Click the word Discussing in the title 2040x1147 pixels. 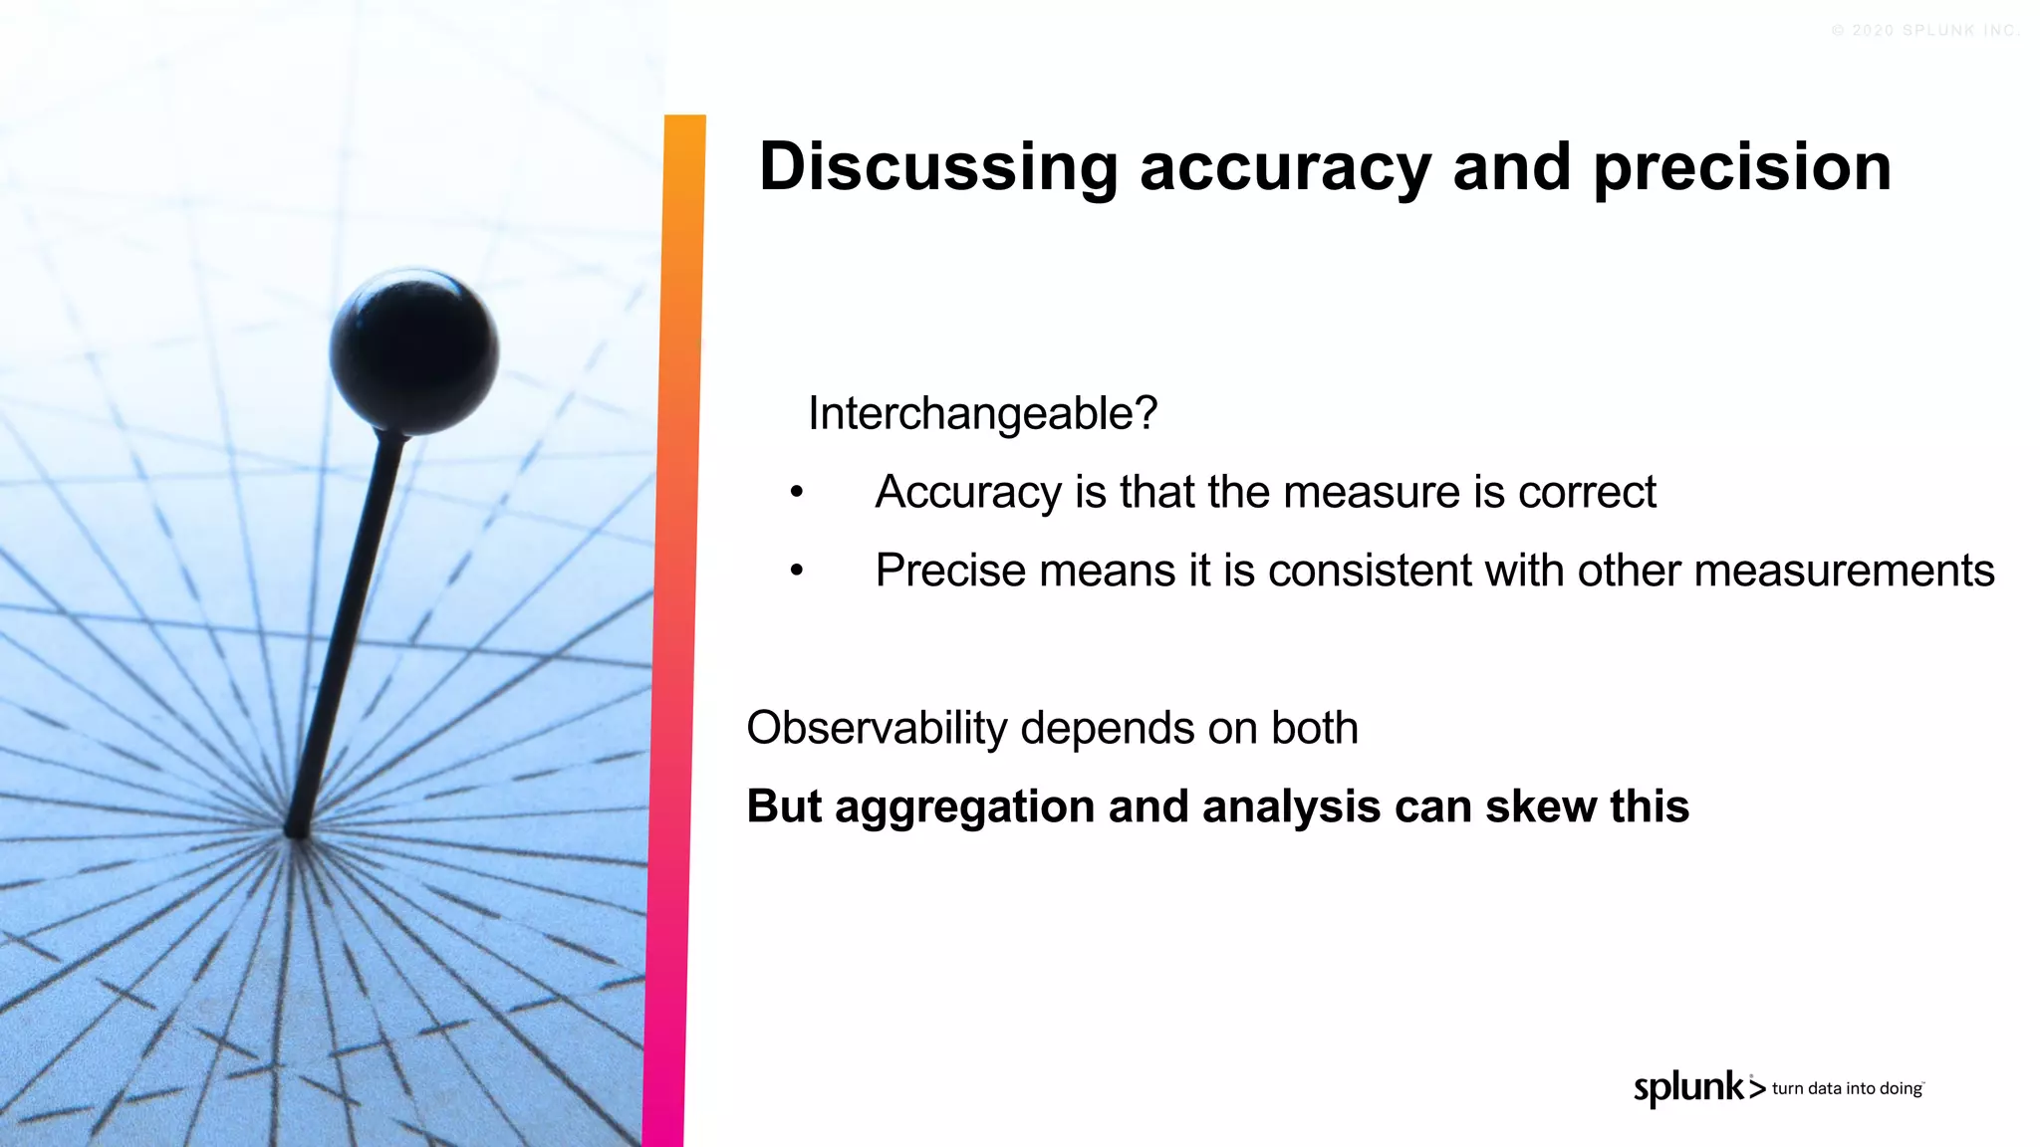pyautogui.click(x=938, y=167)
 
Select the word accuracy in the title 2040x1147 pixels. pyautogui.click(x=1285, y=167)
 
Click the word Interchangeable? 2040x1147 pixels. pyautogui.click(x=982, y=414)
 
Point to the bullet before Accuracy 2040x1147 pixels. pyautogui.click(x=796, y=492)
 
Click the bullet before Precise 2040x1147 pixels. pyautogui.click(x=796, y=571)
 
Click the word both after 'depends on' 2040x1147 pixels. pyautogui.click(x=1314, y=729)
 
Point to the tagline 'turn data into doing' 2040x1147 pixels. pyautogui.click(x=1847, y=1089)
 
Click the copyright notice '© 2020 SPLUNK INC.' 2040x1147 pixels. pyautogui.click(x=1924, y=31)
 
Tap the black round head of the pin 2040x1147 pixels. pyautogui.click(x=414, y=350)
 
